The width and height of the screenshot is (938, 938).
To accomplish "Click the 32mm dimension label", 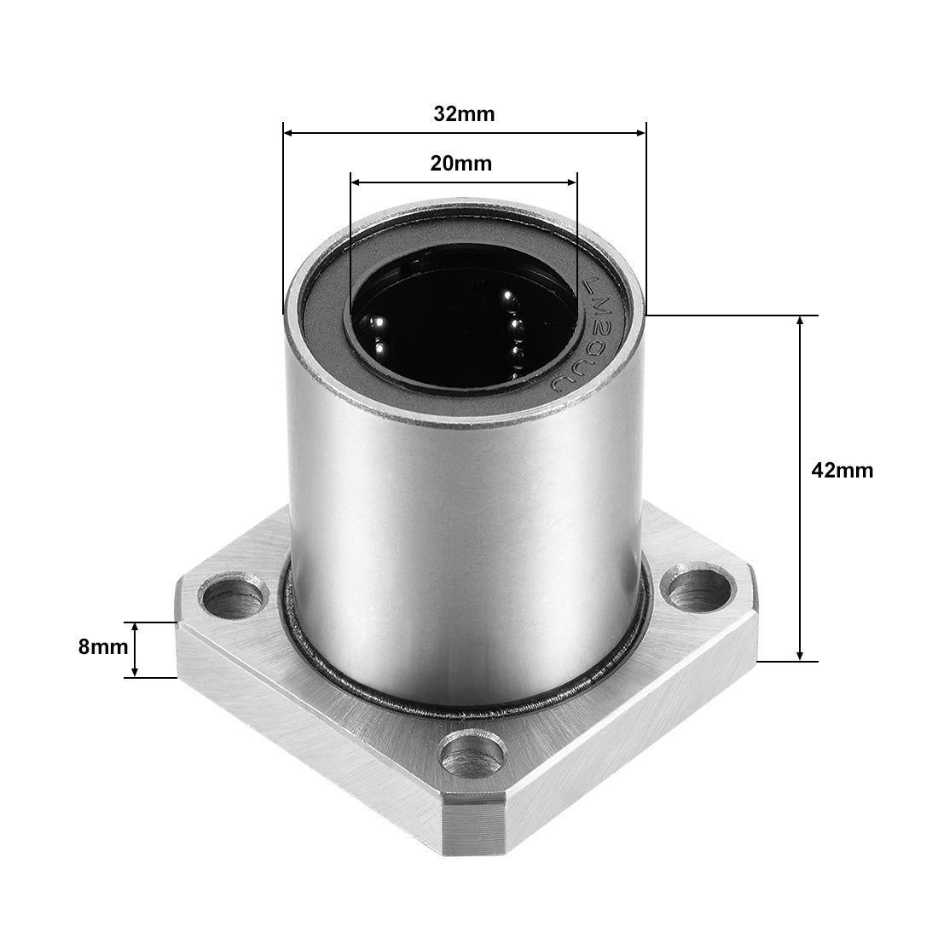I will pyautogui.click(x=463, y=114).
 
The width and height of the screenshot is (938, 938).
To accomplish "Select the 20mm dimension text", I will pyautogui.click(x=460, y=163).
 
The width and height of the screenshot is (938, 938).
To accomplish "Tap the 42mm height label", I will pyautogui.click(x=842, y=470).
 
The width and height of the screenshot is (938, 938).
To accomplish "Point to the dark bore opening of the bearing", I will pyautogui.click(x=460, y=324).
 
